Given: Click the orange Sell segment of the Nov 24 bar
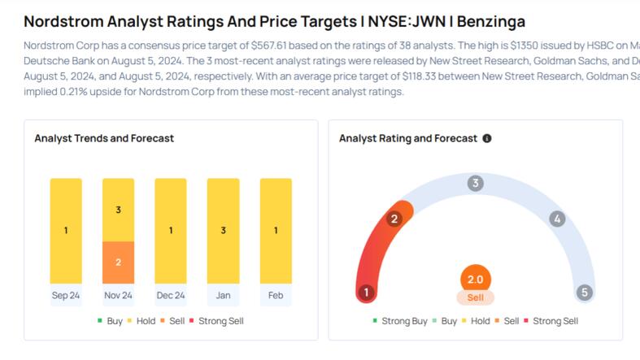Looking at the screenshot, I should (x=118, y=262).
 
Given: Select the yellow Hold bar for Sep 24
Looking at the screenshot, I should (x=66, y=230).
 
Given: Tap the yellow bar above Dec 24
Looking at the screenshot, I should (x=171, y=230).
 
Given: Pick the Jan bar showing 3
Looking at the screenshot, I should (x=223, y=230).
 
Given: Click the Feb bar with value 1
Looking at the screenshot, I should (x=276, y=230).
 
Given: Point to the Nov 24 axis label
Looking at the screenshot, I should (x=118, y=295).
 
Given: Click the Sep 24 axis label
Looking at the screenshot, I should (x=66, y=295).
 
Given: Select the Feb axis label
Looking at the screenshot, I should (x=276, y=295).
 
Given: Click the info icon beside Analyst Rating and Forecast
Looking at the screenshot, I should (x=487, y=139).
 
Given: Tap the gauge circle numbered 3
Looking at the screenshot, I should (x=475, y=183).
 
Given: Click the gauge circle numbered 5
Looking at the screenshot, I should (x=583, y=293).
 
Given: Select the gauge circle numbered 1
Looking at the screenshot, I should (x=367, y=293).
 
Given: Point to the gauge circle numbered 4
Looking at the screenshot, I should (x=557, y=219).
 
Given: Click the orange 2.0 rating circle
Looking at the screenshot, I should (x=475, y=280).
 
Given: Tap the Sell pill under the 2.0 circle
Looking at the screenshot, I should (x=475, y=298).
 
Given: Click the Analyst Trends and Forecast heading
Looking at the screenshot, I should (x=104, y=138).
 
